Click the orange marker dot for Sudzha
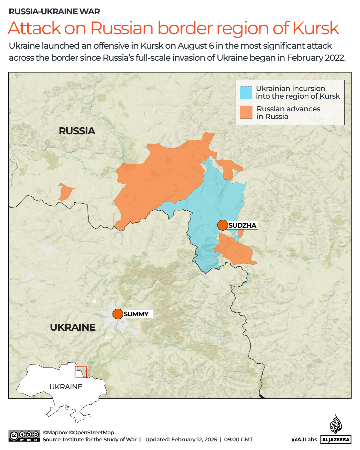click(x=222, y=225)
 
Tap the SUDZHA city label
click(x=242, y=225)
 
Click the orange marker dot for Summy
click(x=118, y=314)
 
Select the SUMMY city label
click(x=136, y=314)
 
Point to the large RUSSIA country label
click(x=77, y=131)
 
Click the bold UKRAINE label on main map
click(x=73, y=327)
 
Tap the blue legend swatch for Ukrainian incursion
click(x=246, y=93)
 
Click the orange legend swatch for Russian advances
click(x=246, y=112)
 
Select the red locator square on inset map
click(x=80, y=372)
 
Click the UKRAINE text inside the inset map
click(x=66, y=387)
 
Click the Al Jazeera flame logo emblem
click(x=336, y=424)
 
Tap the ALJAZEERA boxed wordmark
click(x=336, y=440)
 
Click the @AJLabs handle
click(x=304, y=440)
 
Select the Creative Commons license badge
click(x=24, y=436)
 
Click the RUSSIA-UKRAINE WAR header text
click(x=54, y=12)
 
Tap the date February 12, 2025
click(x=194, y=440)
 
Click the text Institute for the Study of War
click(x=100, y=440)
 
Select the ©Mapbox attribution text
click(x=55, y=432)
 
